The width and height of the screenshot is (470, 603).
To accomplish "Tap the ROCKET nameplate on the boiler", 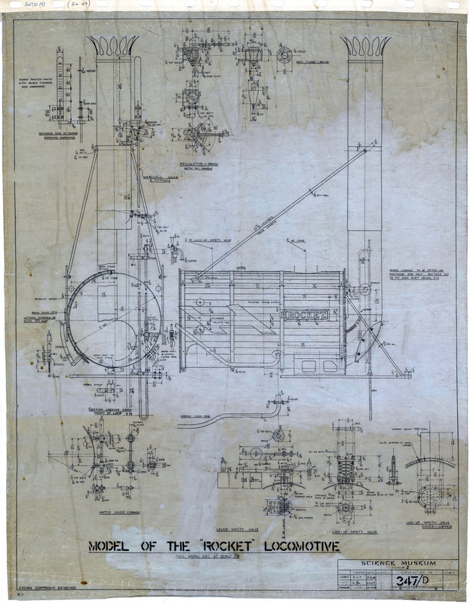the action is [x=306, y=314].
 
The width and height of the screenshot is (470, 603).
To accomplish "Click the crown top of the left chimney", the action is [x=112, y=46].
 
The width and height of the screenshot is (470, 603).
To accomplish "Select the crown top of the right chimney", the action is [x=365, y=46].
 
